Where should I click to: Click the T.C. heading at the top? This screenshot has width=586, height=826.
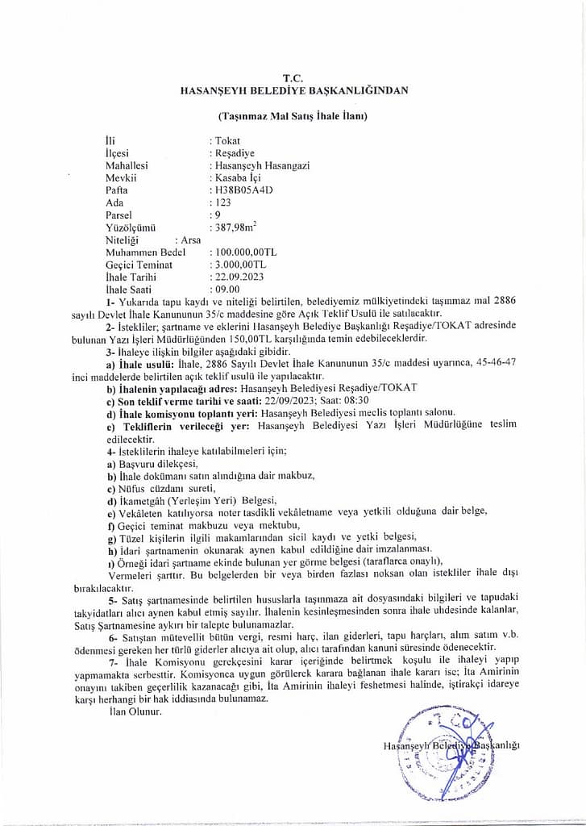pyautogui.click(x=294, y=77)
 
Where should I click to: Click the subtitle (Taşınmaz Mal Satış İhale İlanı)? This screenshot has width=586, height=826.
pyautogui.click(x=293, y=116)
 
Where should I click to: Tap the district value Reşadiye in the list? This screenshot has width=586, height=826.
pyautogui.click(x=231, y=152)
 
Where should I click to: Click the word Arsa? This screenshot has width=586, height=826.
pyautogui.click(x=191, y=240)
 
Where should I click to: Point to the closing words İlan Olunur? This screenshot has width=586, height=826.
pyautogui.click(x=134, y=712)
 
